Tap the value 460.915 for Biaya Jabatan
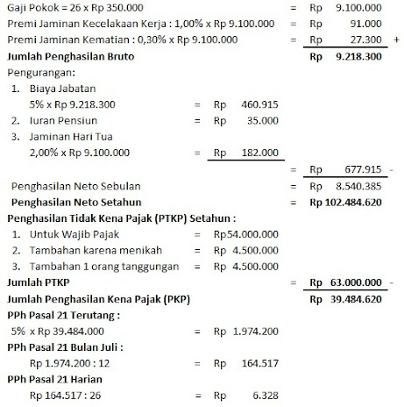(259, 104)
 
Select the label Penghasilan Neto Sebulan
(74, 186)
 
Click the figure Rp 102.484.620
(344, 203)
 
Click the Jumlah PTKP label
(40, 282)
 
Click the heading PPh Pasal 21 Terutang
(64, 314)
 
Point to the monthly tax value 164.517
(259, 362)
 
